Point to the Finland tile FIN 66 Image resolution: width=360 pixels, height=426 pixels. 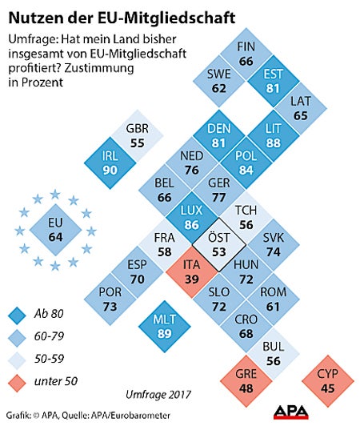(x=245, y=54)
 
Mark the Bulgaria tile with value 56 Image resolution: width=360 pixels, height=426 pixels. (x=274, y=352)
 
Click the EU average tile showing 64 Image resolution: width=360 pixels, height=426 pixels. (x=56, y=229)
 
